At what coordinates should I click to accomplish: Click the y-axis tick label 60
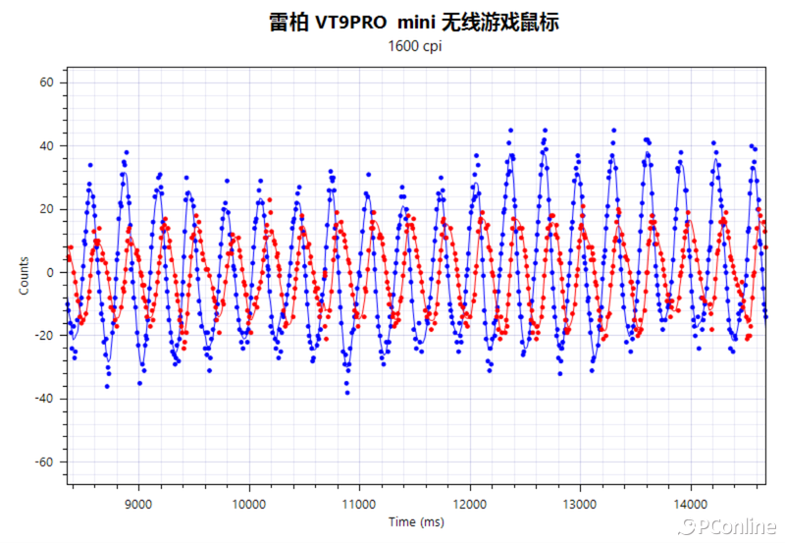coord(46,82)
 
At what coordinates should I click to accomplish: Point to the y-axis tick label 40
coord(46,146)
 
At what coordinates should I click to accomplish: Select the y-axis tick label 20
coord(46,209)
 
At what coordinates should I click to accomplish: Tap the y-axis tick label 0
coord(50,272)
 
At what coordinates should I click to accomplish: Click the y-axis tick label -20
coord(44,335)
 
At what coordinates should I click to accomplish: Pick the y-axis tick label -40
coord(44,399)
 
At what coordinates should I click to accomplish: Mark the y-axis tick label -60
coord(44,462)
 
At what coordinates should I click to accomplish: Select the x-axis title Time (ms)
coord(416,522)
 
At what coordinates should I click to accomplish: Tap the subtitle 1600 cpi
coord(415,47)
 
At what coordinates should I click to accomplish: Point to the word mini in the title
coord(423,22)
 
